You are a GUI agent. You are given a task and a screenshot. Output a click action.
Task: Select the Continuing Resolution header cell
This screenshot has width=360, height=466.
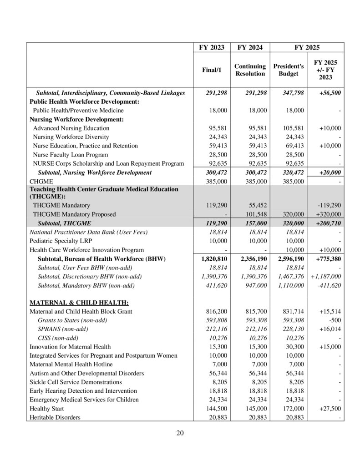point(250,70)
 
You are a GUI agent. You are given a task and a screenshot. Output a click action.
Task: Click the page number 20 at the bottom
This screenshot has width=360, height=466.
point(180,433)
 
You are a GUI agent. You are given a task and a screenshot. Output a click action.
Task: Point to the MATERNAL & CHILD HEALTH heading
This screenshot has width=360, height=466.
point(79,303)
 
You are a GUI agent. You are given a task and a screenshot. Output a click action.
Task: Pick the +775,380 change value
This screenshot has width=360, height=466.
point(327,259)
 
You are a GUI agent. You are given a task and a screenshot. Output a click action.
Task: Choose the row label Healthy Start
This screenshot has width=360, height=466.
point(46,409)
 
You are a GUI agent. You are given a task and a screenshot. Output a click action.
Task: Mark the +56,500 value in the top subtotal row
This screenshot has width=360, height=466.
point(329,93)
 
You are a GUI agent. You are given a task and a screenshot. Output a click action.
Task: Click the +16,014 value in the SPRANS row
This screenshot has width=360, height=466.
point(329,329)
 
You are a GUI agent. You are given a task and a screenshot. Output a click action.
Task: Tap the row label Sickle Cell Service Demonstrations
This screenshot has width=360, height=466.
point(76,382)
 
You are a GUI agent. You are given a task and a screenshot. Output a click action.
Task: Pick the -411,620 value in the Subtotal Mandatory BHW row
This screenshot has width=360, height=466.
point(329,285)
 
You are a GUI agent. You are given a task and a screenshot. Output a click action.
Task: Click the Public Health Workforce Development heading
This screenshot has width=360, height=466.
point(84,101)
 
